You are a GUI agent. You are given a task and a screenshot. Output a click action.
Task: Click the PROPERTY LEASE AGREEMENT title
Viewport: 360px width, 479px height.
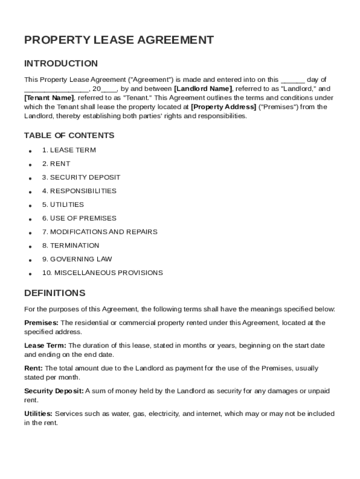(119, 40)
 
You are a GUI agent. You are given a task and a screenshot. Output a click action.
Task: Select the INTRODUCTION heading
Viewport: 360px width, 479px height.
(61, 64)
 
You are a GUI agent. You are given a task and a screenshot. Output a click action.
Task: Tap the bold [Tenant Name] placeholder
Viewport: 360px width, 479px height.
(49, 98)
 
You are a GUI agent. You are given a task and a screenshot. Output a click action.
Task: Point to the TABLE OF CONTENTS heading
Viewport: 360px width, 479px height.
(69, 136)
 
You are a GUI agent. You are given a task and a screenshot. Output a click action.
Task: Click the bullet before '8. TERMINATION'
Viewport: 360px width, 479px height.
(30, 246)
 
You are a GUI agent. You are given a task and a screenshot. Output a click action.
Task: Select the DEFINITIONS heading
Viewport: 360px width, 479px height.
(55, 293)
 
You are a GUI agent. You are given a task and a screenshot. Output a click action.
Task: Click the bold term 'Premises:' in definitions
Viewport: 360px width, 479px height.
(41, 323)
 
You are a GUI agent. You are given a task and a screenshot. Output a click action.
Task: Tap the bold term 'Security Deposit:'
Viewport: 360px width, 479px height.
(54, 391)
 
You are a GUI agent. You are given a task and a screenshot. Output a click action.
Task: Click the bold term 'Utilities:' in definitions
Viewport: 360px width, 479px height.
(39, 414)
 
